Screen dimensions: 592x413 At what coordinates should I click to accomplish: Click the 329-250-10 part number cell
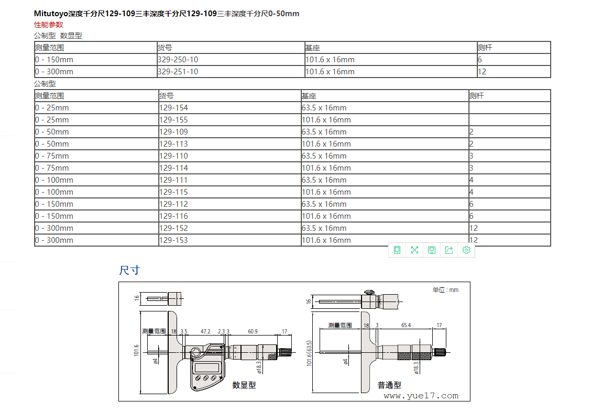[x=231, y=60]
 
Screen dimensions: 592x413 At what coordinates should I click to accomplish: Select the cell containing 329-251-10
[x=231, y=72]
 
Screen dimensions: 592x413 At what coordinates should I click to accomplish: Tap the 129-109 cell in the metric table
[x=229, y=131]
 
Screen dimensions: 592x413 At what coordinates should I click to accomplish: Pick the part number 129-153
[x=229, y=240]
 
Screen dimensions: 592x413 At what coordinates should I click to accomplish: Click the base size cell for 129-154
[x=385, y=107]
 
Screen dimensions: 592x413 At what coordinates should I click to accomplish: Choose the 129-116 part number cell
[x=229, y=216]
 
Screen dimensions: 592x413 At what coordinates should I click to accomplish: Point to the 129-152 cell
[x=229, y=228]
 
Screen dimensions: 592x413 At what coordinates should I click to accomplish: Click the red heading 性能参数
[x=49, y=25]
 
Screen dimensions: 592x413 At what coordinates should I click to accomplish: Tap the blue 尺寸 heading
[x=129, y=270]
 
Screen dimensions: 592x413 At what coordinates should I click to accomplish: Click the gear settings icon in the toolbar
[x=466, y=250]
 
